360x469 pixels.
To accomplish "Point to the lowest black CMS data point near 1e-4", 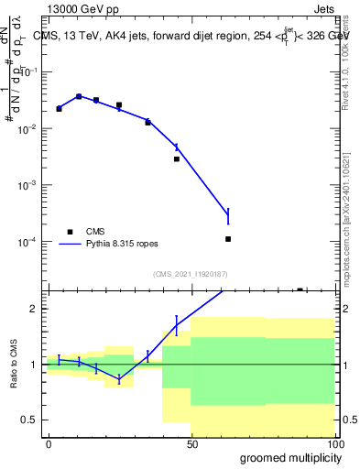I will point(228,239).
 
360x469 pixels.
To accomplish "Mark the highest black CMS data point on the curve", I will point(79,96).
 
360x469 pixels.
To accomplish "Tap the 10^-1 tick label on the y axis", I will point(28,72).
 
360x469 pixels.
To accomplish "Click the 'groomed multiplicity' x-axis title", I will point(286,457).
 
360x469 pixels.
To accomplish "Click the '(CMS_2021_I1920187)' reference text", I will point(190,274).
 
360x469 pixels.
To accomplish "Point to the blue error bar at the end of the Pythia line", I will point(228,216).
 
